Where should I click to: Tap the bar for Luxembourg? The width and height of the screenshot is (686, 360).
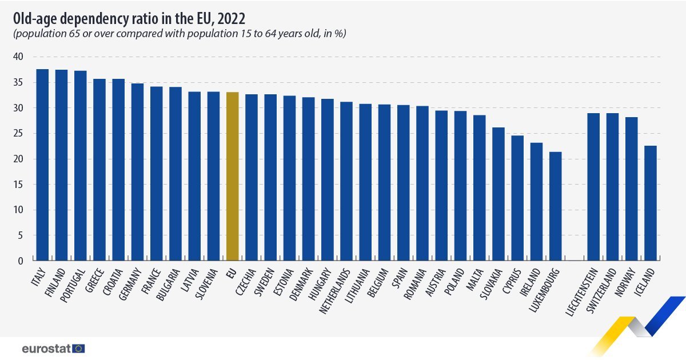pyautogui.click(x=555, y=206)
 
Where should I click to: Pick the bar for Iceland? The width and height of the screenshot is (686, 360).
pyautogui.click(x=650, y=203)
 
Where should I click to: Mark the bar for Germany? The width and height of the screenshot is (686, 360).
pyautogui.click(x=137, y=171)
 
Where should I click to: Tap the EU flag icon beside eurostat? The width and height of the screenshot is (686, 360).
pyautogui.click(x=79, y=348)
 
